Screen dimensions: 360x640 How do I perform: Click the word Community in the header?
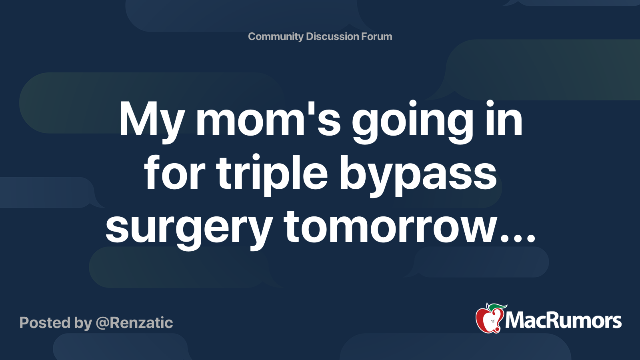point(276,36)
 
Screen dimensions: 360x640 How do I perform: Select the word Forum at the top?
point(376,36)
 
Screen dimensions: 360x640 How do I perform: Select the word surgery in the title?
point(189,228)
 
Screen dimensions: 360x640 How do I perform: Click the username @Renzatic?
point(134,323)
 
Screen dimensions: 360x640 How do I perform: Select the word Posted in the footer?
point(45,323)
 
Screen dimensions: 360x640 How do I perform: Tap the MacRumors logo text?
point(563,321)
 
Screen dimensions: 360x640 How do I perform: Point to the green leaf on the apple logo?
point(498,307)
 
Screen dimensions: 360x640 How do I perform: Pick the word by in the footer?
point(83,323)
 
